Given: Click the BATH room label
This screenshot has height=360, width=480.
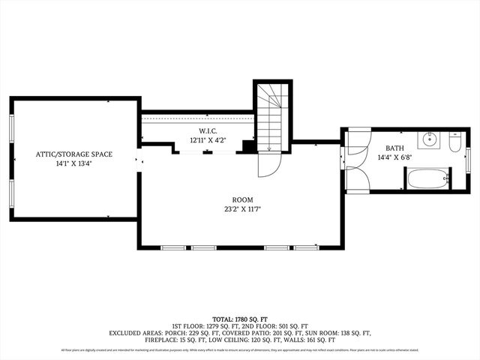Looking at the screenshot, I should click(x=394, y=148).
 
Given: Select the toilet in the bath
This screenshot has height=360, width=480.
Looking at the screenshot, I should click(x=455, y=142).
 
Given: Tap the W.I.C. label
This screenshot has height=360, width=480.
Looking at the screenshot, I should click(x=208, y=131).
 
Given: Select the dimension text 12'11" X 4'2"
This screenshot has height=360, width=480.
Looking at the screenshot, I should click(x=208, y=140).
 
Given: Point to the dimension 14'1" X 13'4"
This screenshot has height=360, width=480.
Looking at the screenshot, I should click(x=75, y=163).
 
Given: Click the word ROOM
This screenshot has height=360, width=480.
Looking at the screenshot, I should click(x=242, y=200).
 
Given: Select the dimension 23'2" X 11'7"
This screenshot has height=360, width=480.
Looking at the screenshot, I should click(x=242, y=209).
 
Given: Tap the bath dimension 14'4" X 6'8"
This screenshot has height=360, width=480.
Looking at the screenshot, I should click(x=394, y=157).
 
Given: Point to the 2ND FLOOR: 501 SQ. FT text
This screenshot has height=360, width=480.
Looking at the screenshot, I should click(x=285, y=325).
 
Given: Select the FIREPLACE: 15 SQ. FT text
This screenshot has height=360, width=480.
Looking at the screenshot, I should click(x=175, y=340).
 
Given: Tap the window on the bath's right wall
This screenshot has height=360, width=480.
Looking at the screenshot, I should click(x=468, y=160).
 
